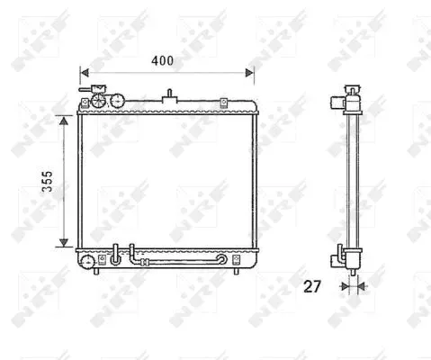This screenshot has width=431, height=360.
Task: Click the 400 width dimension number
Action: click(162, 61)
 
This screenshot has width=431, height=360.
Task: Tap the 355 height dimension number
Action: click(47, 181)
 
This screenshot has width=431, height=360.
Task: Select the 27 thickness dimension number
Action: click(312, 286)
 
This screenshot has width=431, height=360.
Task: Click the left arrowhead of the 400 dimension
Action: click(85, 73)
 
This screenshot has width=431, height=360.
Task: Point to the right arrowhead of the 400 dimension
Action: click(249, 73)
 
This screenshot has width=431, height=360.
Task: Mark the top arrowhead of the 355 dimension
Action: click(64, 121)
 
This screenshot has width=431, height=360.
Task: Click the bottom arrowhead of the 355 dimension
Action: click(64, 242)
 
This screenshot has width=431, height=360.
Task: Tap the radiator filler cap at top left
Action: click(98, 100)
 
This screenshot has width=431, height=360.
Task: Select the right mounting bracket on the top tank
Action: click(223, 103)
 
